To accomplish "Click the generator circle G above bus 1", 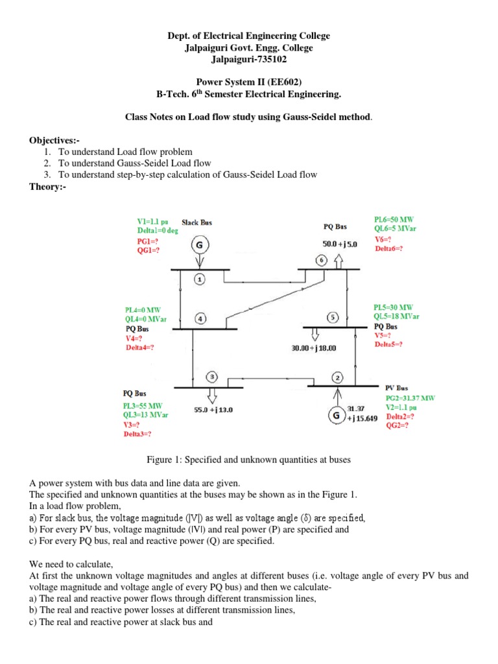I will tap(199, 246).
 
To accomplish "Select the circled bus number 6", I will tap(322, 260).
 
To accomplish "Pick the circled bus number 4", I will tap(201, 319).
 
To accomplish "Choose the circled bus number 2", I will tap(337, 377).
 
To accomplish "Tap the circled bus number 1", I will tap(200, 278).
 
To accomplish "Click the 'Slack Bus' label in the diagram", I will tap(196, 222).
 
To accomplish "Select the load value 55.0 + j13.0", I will tap(214, 410).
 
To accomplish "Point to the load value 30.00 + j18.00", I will tap(314, 348).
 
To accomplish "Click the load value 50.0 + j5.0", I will tap(335, 243).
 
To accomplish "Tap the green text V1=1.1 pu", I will tap(153, 221).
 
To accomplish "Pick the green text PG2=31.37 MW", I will tap(410, 397).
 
